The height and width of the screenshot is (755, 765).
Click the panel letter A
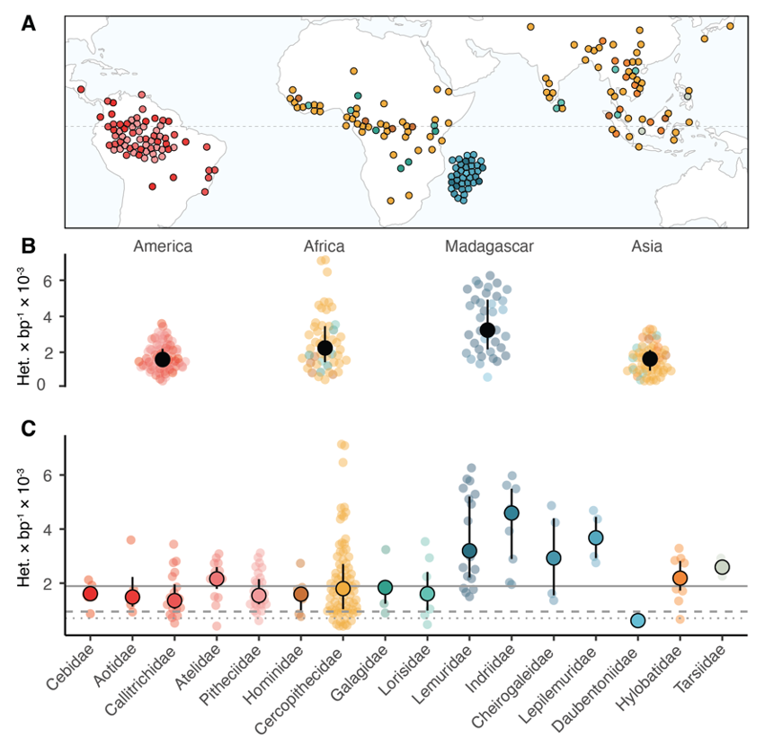[30, 24]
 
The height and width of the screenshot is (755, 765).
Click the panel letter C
[30, 428]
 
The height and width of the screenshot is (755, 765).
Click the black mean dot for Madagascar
[487, 330]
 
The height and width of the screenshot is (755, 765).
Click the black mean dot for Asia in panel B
[650, 359]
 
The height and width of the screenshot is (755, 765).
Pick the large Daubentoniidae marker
[637, 620]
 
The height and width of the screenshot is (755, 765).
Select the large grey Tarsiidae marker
[722, 567]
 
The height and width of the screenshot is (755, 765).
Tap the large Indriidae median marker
[511, 512]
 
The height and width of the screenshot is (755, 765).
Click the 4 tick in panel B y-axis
[53, 316]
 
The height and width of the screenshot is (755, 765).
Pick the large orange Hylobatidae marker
[680, 578]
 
